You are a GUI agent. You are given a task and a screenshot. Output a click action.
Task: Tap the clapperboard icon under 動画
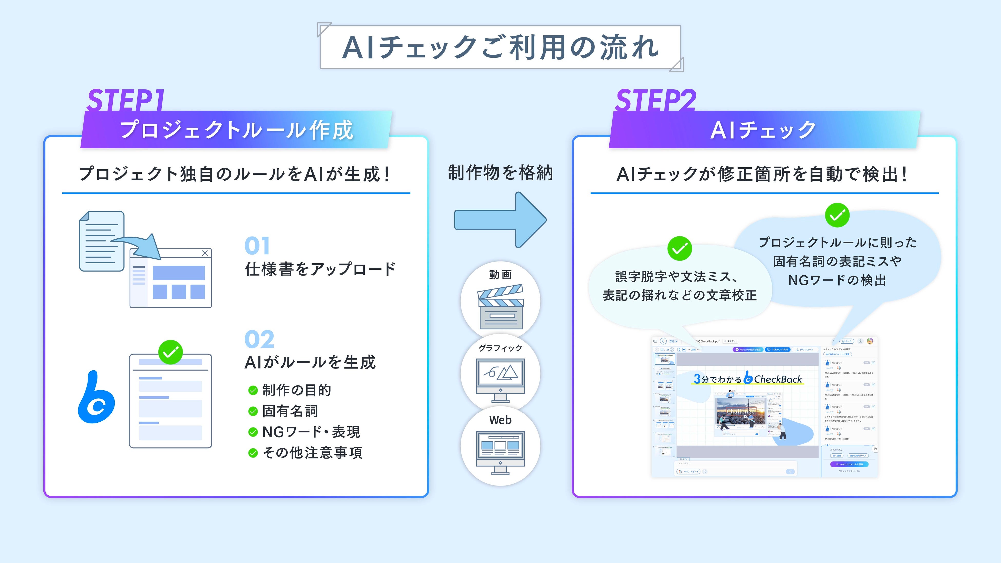(500, 307)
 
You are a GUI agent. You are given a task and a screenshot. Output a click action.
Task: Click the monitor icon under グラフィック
(500, 379)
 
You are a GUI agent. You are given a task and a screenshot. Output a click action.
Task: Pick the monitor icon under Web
(500, 452)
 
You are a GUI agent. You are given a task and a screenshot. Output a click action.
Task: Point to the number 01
(257, 246)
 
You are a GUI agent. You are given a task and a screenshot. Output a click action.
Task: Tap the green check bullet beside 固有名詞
(253, 411)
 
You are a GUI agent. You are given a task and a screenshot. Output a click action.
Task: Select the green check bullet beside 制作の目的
(253, 391)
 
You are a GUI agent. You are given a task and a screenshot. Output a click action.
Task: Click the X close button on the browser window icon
(205, 253)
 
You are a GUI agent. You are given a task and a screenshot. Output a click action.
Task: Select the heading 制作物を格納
(500, 173)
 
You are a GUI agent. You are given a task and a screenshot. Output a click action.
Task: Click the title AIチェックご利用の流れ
(500, 47)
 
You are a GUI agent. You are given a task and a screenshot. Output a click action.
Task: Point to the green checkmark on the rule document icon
(171, 352)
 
